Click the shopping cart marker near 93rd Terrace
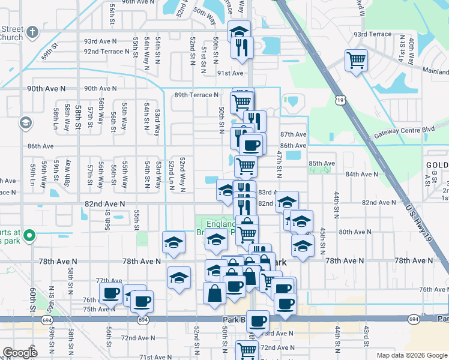357,61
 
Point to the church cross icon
32,31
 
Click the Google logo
20,353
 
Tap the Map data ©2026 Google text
411,355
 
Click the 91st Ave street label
230,73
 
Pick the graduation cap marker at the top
239,31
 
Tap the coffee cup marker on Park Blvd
258,322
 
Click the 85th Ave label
321,163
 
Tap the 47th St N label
279,164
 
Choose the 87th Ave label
293,134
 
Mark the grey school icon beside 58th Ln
25,123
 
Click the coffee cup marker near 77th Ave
110,293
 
